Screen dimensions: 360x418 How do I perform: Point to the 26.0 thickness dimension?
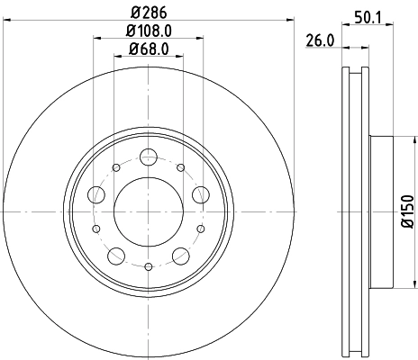pos(319,40)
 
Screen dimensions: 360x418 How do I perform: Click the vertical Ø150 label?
pos(407,208)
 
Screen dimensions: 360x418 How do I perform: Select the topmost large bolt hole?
pos(149,158)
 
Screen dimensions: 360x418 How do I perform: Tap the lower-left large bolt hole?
pos(117,256)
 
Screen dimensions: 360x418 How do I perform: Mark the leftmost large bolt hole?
pos(95,196)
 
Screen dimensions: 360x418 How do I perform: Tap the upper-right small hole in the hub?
pos(181,167)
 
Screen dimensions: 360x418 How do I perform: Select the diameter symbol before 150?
pos(407,225)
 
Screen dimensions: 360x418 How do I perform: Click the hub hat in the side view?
pos(381,208)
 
